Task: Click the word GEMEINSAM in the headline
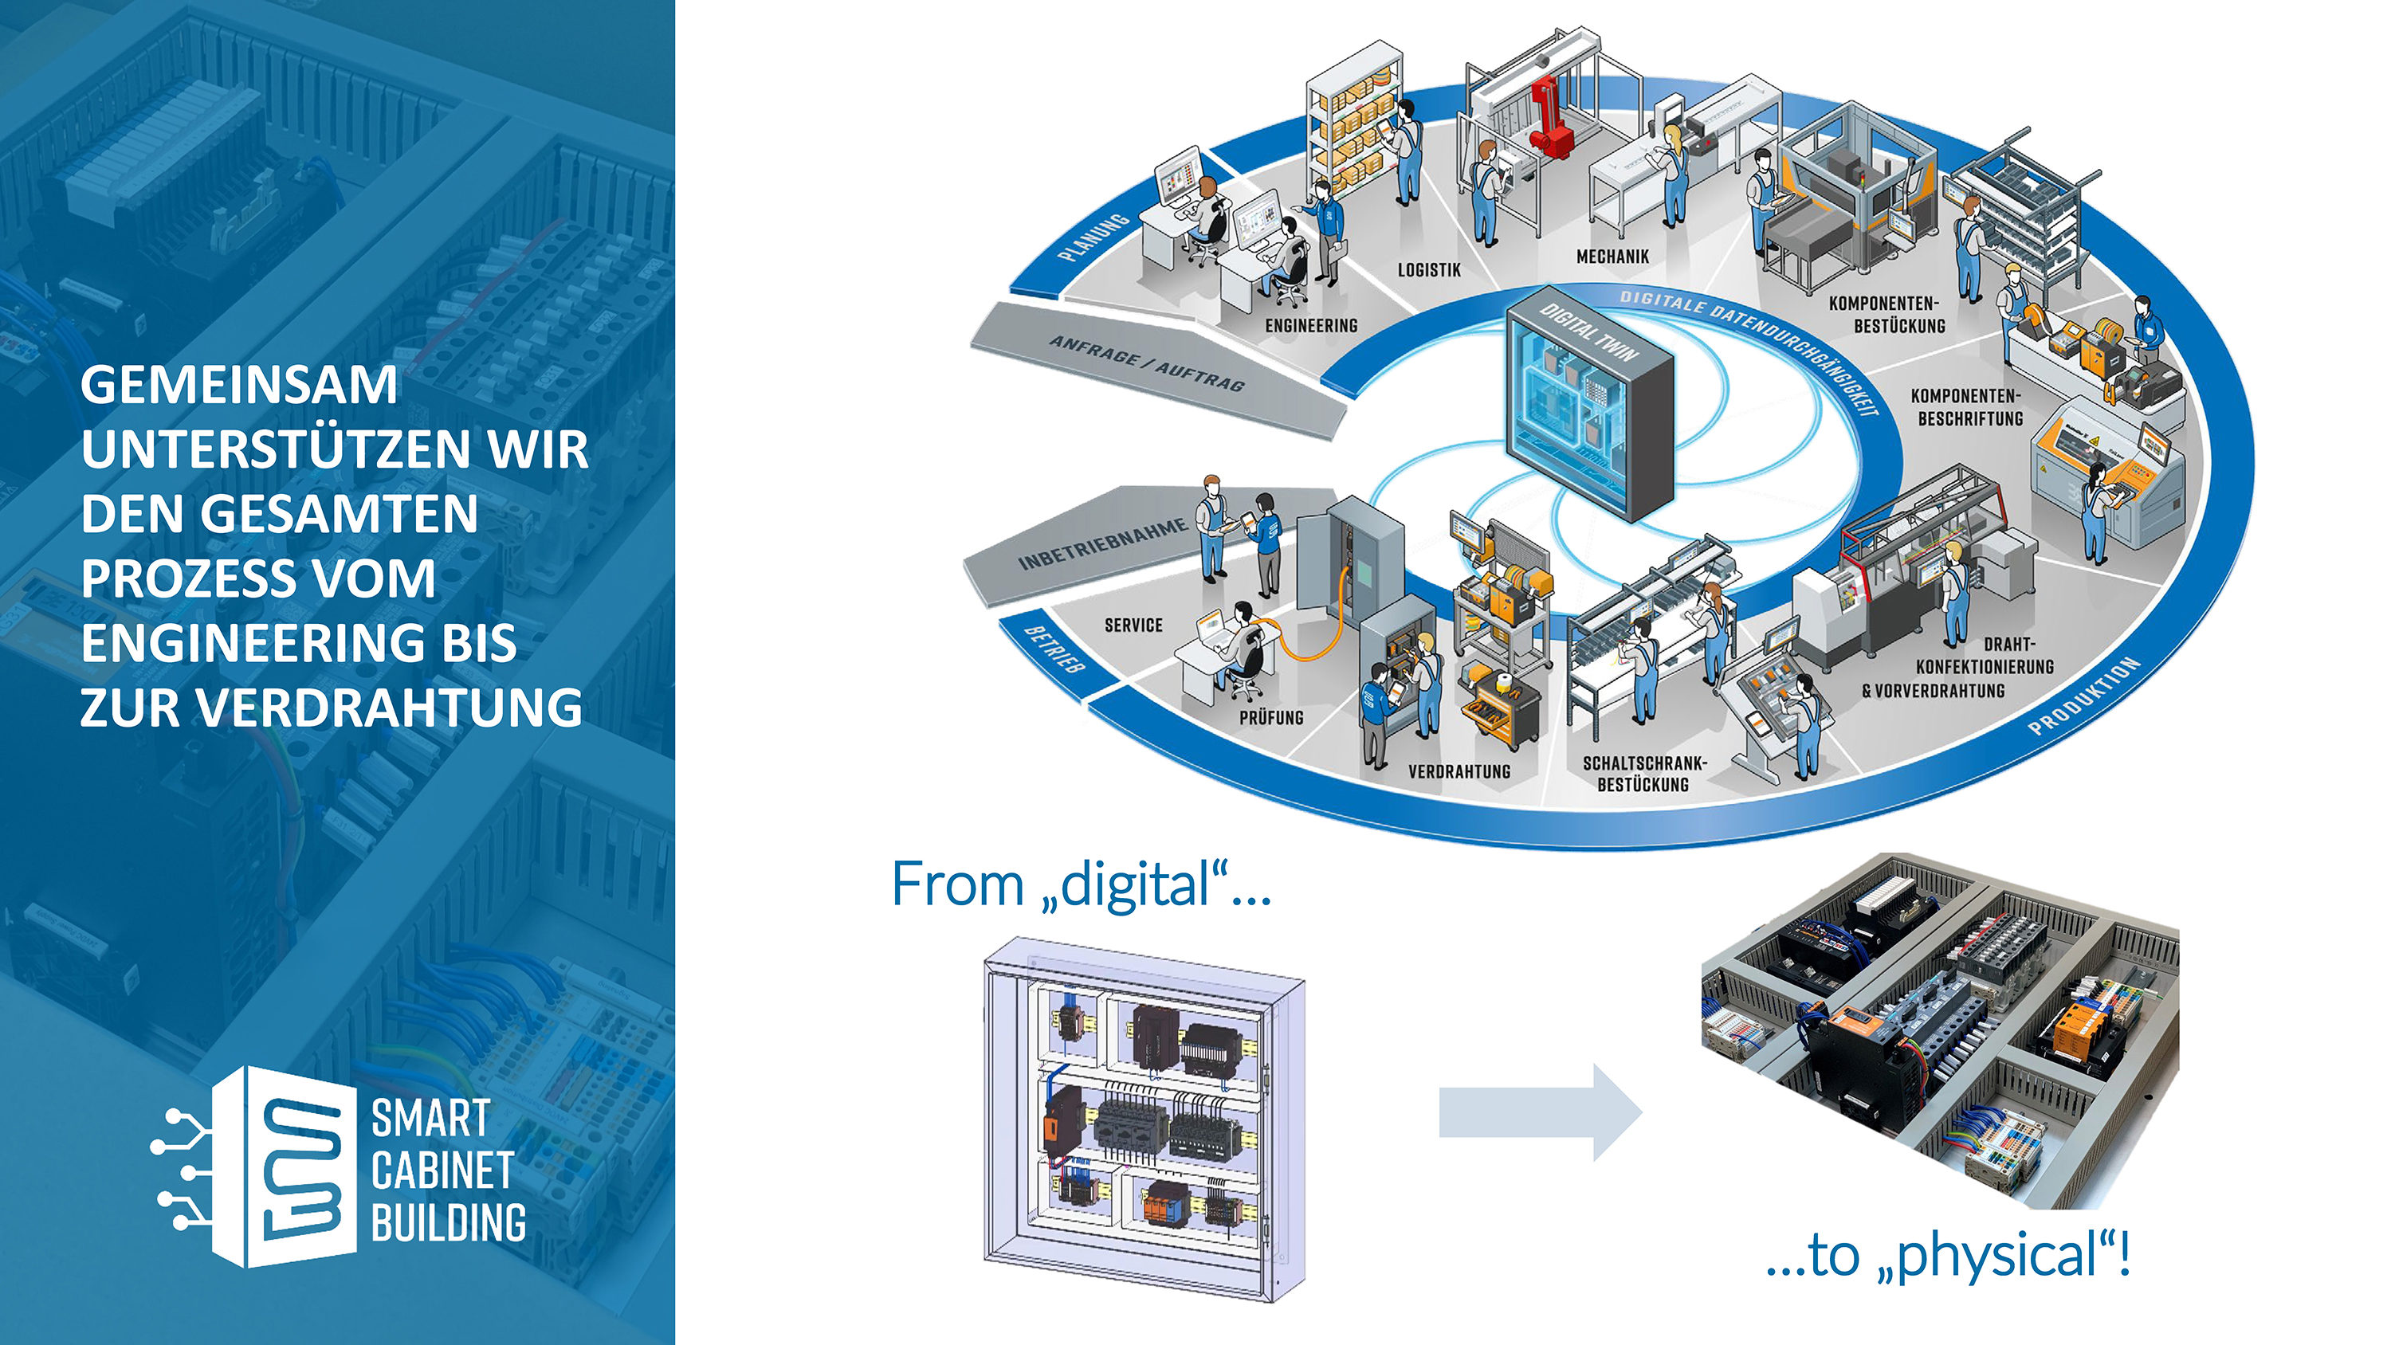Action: pos(238,385)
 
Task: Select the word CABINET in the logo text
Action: pos(443,1171)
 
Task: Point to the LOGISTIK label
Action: pos(1428,270)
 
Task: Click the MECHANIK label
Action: pos(1612,257)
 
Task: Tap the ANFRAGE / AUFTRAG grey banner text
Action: pos(1146,364)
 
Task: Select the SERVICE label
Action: pos(1133,625)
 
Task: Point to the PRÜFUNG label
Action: pos(1270,717)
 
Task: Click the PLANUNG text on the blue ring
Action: pos(1095,237)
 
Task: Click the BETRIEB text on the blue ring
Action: pos(1054,648)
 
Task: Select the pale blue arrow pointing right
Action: pos(1540,1112)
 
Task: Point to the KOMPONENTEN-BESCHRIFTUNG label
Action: pos(1969,407)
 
